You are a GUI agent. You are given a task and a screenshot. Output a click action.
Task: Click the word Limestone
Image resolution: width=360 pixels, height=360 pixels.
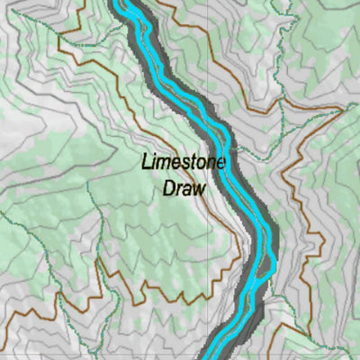click(184, 164)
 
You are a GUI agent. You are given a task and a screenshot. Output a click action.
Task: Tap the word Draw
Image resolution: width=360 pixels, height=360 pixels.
click(184, 189)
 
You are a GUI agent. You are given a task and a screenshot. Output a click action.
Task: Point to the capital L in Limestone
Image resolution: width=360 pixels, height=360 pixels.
click(145, 164)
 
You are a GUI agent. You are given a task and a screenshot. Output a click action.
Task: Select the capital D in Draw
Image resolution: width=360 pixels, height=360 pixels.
click(168, 189)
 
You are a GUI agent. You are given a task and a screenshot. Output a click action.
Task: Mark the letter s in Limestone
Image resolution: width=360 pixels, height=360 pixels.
click(181, 165)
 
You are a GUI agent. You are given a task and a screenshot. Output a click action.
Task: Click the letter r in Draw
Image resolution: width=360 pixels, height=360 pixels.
click(179, 190)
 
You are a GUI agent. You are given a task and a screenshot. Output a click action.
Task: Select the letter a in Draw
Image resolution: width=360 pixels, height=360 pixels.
click(188, 190)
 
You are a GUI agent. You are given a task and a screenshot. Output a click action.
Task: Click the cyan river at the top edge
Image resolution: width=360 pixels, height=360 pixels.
click(130, 4)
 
